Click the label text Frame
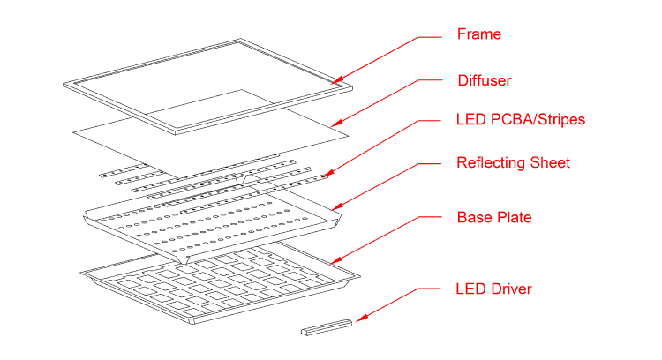pyautogui.click(x=478, y=34)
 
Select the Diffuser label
pyautogui.click(x=484, y=80)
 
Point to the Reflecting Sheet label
pyautogui.click(x=513, y=162)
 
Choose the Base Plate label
pyautogui.click(x=493, y=217)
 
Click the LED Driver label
pyautogui.click(x=493, y=289)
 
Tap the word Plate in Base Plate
pyautogui.click(x=513, y=217)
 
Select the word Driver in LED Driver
pyautogui.click(x=509, y=289)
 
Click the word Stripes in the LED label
pyautogui.click(x=559, y=119)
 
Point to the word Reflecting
pyautogui.click(x=491, y=162)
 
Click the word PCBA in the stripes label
pyautogui.click(x=506, y=119)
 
